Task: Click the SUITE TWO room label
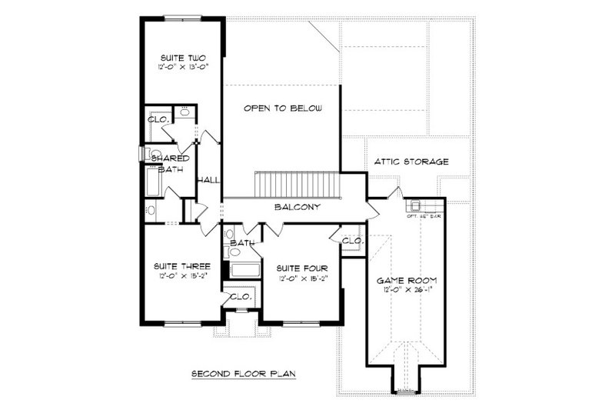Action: pyautogui.click(x=181, y=57)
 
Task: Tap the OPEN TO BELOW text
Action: pyautogui.click(x=281, y=108)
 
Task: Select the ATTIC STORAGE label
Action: pyautogui.click(x=411, y=162)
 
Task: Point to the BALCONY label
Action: pyautogui.click(x=298, y=208)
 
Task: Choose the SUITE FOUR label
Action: pyautogui.click(x=298, y=268)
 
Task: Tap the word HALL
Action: pyautogui.click(x=209, y=179)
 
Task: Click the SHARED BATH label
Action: pyautogui.click(x=169, y=164)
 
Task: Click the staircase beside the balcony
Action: pyautogui.click(x=296, y=185)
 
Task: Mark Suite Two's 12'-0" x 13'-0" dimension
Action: pyautogui.click(x=181, y=67)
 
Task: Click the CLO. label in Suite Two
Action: pyautogui.click(x=159, y=120)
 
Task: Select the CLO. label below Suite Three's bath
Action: pyautogui.click(x=241, y=296)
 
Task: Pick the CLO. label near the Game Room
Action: pyautogui.click(x=351, y=241)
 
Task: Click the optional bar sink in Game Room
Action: pyautogui.click(x=415, y=205)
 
